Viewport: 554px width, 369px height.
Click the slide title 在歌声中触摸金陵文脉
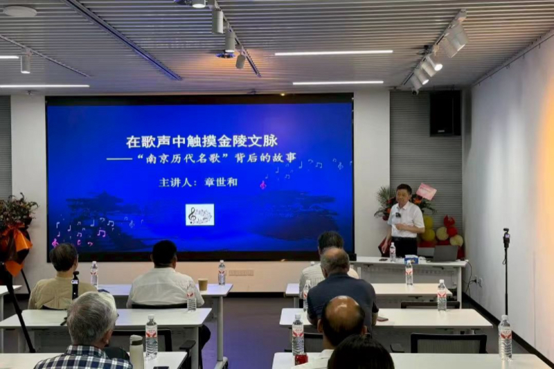point(202,142)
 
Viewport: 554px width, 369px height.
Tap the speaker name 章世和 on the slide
point(221,182)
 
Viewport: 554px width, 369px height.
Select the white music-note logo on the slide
point(199,215)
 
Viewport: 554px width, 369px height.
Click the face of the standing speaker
point(404,195)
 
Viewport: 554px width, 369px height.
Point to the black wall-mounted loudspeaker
point(445,113)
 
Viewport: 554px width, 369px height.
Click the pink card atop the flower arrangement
point(427,191)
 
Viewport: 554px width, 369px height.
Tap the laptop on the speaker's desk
point(445,253)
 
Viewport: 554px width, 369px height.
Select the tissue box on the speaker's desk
point(411,260)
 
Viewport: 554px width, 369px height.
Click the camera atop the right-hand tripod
point(506,238)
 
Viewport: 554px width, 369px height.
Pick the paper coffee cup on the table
point(203,285)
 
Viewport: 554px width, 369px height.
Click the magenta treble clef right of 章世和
point(262,185)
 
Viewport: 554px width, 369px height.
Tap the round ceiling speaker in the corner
point(19,11)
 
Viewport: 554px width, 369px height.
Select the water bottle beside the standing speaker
point(393,252)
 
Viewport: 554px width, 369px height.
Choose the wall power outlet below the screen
point(241,273)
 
